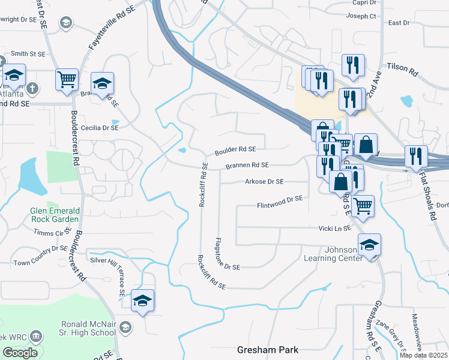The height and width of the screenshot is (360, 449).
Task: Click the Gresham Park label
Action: (x=268, y=350)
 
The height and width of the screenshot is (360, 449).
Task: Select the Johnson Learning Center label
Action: (x=342, y=254)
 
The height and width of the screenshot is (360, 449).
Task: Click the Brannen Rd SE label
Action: (x=247, y=165)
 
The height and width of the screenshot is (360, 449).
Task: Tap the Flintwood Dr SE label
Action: (x=280, y=200)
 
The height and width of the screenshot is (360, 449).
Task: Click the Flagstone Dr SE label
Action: (x=228, y=254)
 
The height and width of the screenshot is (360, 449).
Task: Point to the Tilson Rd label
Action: (x=402, y=70)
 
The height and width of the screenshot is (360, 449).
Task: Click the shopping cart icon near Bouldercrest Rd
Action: (x=67, y=80)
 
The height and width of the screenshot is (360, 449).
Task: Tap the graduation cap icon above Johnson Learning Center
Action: (x=369, y=245)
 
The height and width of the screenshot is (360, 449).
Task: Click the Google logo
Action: (x=20, y=353)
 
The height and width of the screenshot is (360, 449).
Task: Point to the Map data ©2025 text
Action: (x=423, y=355)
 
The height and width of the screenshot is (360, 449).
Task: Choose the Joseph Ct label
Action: (x=364, y=16)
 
